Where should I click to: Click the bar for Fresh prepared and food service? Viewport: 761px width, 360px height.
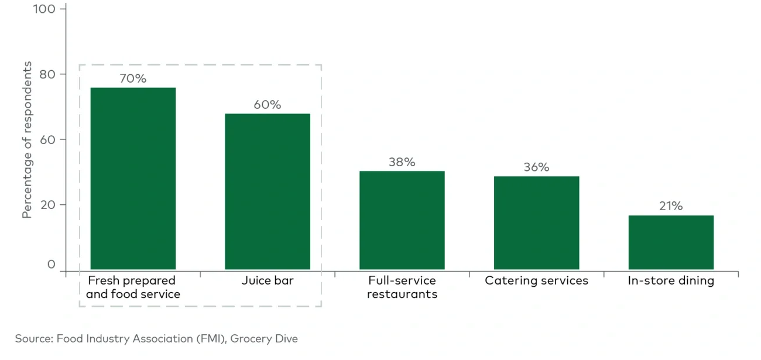point(133,179)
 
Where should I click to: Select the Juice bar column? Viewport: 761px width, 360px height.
point(268,191)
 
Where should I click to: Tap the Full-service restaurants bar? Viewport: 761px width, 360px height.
point(402,220)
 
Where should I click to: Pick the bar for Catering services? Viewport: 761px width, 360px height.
point(536,222)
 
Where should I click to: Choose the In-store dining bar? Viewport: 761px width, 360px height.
point(671,242)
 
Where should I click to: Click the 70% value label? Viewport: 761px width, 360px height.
point(133,78)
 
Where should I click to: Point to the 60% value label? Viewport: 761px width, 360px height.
point(268,105)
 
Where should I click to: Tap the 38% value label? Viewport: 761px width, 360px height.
point(402,162)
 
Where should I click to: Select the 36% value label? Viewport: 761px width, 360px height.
point(536,167)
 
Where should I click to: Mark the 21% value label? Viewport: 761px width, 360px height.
point(671,206)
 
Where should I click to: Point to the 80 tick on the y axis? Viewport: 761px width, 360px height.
point(48,74)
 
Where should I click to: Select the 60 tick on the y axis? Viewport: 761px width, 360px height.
point(48,140)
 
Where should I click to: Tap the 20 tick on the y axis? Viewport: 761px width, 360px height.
point(48,205)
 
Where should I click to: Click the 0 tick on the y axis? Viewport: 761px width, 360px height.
point(52,265)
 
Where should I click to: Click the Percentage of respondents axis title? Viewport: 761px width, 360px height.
point(27,140)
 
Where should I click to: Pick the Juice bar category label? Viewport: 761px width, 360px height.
point(268,280)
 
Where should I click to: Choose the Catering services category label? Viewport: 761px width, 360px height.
point(536,280)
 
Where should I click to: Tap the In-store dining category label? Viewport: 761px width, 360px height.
point(671,280)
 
